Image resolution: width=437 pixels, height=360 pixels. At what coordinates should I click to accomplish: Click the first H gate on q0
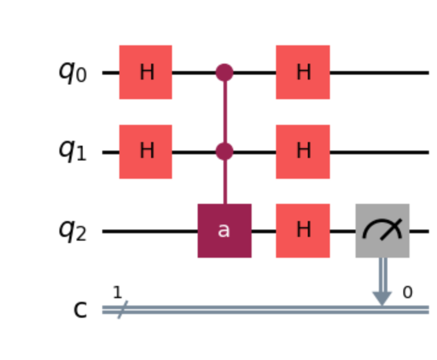click(x=146, y=72)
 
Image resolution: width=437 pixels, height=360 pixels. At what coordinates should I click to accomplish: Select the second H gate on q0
click(x=303, y=72)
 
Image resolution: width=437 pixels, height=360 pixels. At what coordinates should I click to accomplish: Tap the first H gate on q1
click(x=146, y=151)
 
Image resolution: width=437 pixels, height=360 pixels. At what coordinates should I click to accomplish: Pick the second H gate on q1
click(x=303, y=151)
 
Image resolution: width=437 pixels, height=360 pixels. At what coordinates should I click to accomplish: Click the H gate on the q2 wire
click(x=303, y=231)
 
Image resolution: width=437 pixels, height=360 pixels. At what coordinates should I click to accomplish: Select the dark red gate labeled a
click(x=224, y=231)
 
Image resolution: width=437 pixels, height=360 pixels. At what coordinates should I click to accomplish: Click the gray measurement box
click(x=383, y=231)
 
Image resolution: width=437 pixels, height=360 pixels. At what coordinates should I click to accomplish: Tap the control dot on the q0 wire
click(x=225, y=72)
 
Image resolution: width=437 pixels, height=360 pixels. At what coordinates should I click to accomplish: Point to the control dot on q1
click(x=225, y=151)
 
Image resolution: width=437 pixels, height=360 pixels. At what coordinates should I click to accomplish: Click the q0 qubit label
click(x=72, y=72)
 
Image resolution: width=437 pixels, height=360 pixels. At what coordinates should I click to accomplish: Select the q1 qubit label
click(x=72, y=151)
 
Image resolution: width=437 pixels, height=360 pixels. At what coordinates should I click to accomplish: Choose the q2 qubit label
click(x=72, y=231)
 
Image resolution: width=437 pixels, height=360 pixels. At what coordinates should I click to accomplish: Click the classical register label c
click(x=80, y=310)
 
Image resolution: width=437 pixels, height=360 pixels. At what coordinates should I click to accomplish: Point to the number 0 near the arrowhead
click(x=407, y=293)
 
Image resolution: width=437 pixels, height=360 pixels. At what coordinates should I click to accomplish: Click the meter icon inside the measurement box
click(x=383, y=230)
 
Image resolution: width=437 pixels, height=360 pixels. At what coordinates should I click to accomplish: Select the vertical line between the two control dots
click(x=225, y=112)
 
